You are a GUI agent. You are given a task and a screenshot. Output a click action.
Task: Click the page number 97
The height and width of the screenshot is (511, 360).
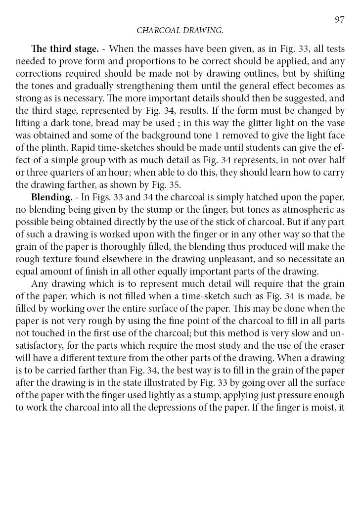coord(339,20)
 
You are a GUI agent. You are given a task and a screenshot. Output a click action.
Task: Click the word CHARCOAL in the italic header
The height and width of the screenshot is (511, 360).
coord(156,31)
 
